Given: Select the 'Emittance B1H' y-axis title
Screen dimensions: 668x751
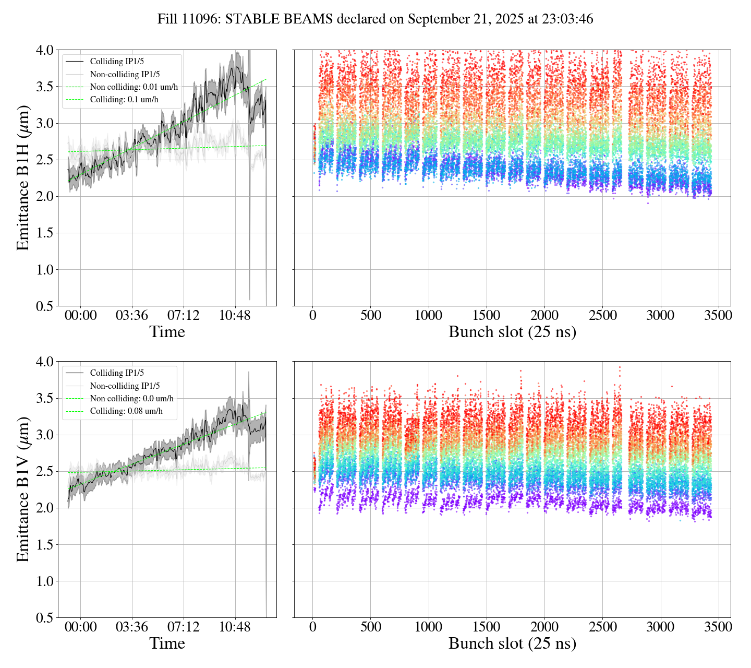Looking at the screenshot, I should (23, 177).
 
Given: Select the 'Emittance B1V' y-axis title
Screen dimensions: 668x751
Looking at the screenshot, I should (23, 489).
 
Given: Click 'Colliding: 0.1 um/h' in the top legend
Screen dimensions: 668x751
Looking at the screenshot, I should (124, 100).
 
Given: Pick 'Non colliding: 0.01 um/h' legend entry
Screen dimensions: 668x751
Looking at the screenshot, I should (134, 87).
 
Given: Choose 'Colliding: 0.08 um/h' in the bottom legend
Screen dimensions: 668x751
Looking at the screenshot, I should (126, 411).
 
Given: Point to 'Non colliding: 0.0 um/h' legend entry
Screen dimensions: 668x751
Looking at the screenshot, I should (131, 399).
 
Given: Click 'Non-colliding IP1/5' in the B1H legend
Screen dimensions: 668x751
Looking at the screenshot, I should (125, 75).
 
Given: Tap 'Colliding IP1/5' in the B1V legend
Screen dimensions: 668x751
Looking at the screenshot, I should (117, 373).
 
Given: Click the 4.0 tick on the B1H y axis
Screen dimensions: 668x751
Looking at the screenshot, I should (44, 50).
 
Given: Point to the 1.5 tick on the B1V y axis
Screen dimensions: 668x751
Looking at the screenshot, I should (44, 545).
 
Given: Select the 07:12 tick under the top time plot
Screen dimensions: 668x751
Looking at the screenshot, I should (183, 316).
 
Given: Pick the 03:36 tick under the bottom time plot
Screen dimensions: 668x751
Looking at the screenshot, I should (132, 627).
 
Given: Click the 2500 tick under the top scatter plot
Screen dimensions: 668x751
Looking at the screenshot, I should (603, 316).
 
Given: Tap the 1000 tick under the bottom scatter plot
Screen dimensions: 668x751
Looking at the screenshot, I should (429, 627).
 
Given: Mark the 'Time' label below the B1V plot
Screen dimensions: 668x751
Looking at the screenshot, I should (167, 643).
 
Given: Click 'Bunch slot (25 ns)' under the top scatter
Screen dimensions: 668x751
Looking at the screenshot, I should (512, 332).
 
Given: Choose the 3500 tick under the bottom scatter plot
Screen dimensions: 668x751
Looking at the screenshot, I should (718, 627).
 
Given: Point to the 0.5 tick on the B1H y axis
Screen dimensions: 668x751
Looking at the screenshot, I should (44, 306).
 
